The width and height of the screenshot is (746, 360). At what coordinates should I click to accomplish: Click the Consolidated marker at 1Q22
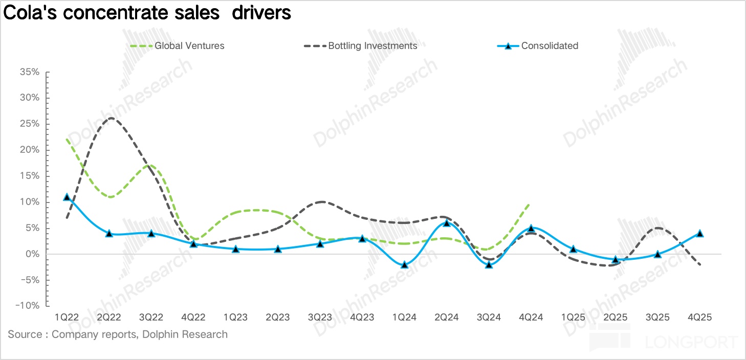pos(67,197)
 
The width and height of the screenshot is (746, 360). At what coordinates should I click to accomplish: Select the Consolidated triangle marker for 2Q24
pos(447,222)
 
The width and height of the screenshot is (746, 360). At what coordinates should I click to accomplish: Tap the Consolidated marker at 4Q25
pos(700,233)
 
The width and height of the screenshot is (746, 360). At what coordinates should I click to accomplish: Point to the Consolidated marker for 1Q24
pos(404,264)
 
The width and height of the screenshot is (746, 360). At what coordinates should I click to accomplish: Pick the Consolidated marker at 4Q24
pos(531,228)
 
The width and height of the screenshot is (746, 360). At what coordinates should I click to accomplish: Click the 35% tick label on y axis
pos(29,72)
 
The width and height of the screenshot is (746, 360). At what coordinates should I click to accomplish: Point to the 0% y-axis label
pos(32,254)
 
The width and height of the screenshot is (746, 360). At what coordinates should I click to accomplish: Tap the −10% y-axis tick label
pos(27,306)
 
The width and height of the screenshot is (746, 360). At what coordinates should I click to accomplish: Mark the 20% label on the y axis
pos(29,150)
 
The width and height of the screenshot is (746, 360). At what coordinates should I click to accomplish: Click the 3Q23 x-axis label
pos(320,317)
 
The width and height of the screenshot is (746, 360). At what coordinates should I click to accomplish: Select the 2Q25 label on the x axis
pos(616,317)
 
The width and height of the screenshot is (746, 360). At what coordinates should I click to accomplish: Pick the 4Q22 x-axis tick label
pos(193,317)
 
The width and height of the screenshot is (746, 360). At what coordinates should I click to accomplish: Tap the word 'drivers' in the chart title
pos(261,13)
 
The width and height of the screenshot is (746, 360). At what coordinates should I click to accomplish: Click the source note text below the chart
pos(118,335)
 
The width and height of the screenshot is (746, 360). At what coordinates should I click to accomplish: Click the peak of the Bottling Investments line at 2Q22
pos(111,118)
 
